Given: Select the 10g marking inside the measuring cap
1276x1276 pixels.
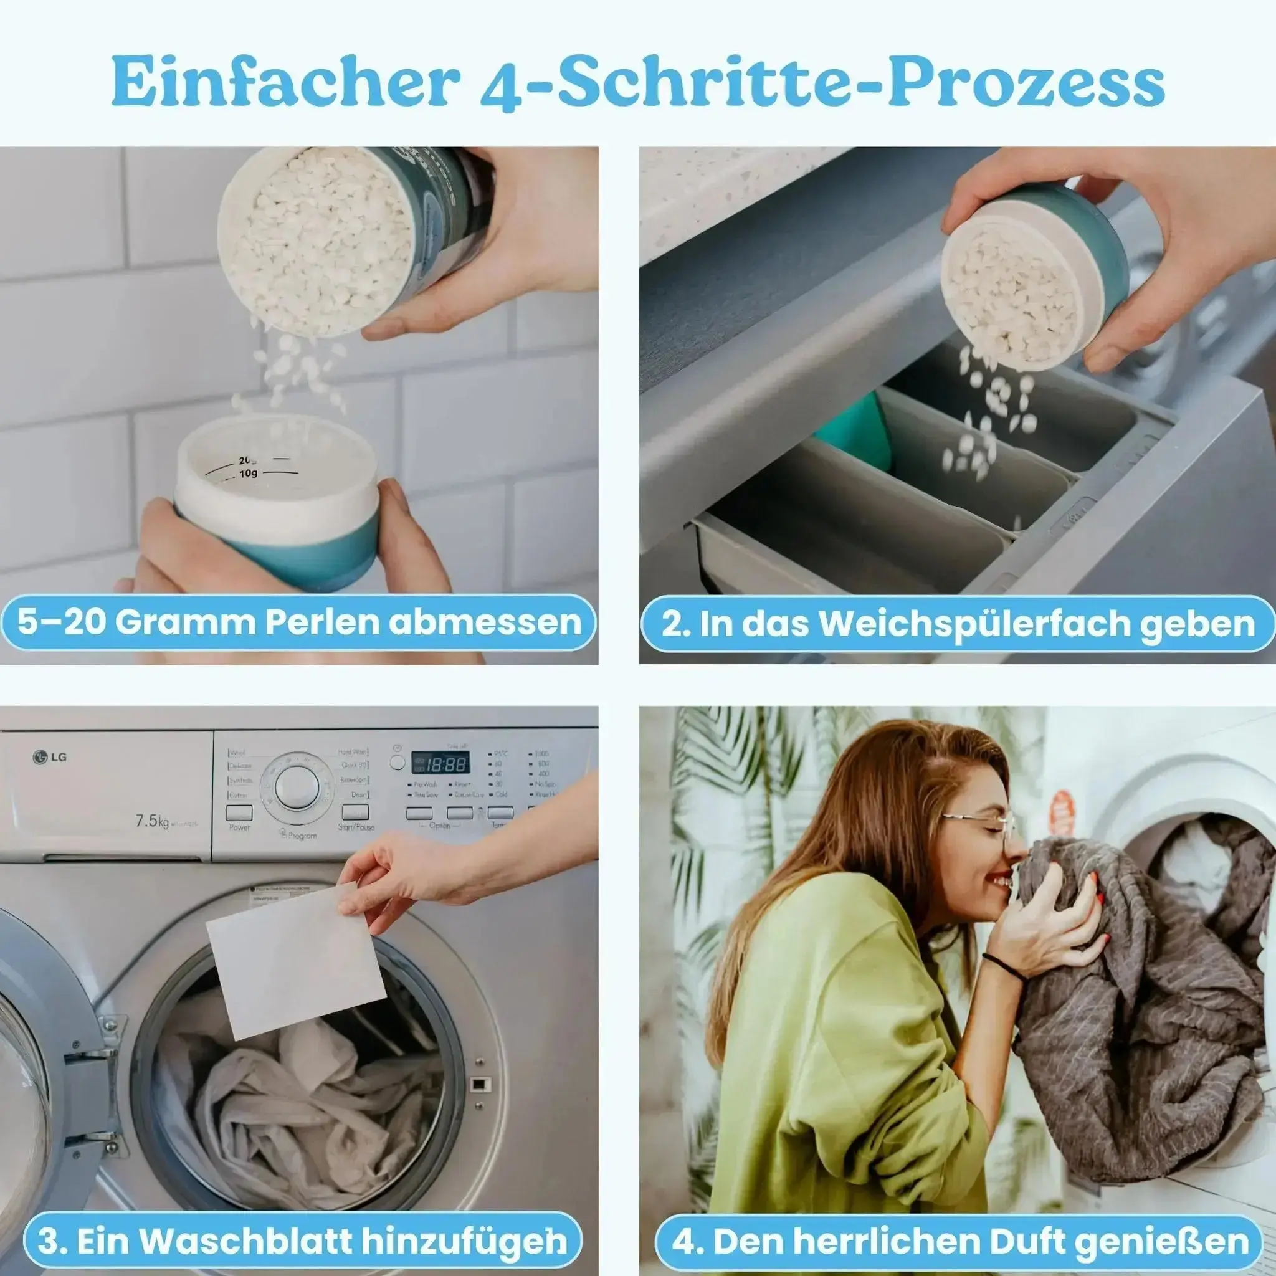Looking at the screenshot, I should (x=249, y=474).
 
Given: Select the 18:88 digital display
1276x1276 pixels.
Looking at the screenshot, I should (x=440, y=764).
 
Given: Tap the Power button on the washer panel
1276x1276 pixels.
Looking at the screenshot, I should (x=239, y=812).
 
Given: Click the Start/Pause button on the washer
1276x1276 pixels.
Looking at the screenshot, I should (x=355, y=812).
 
